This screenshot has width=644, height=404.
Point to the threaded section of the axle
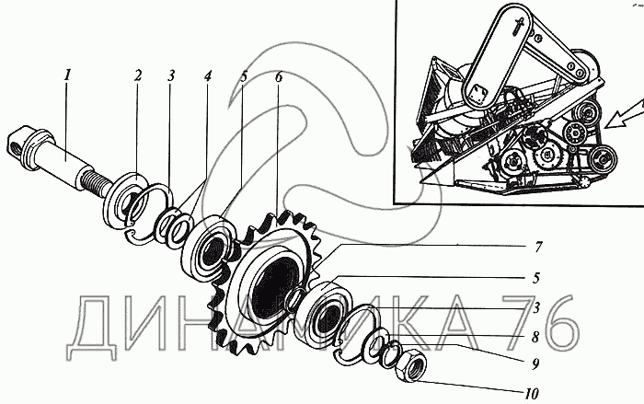coord(100,181)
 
